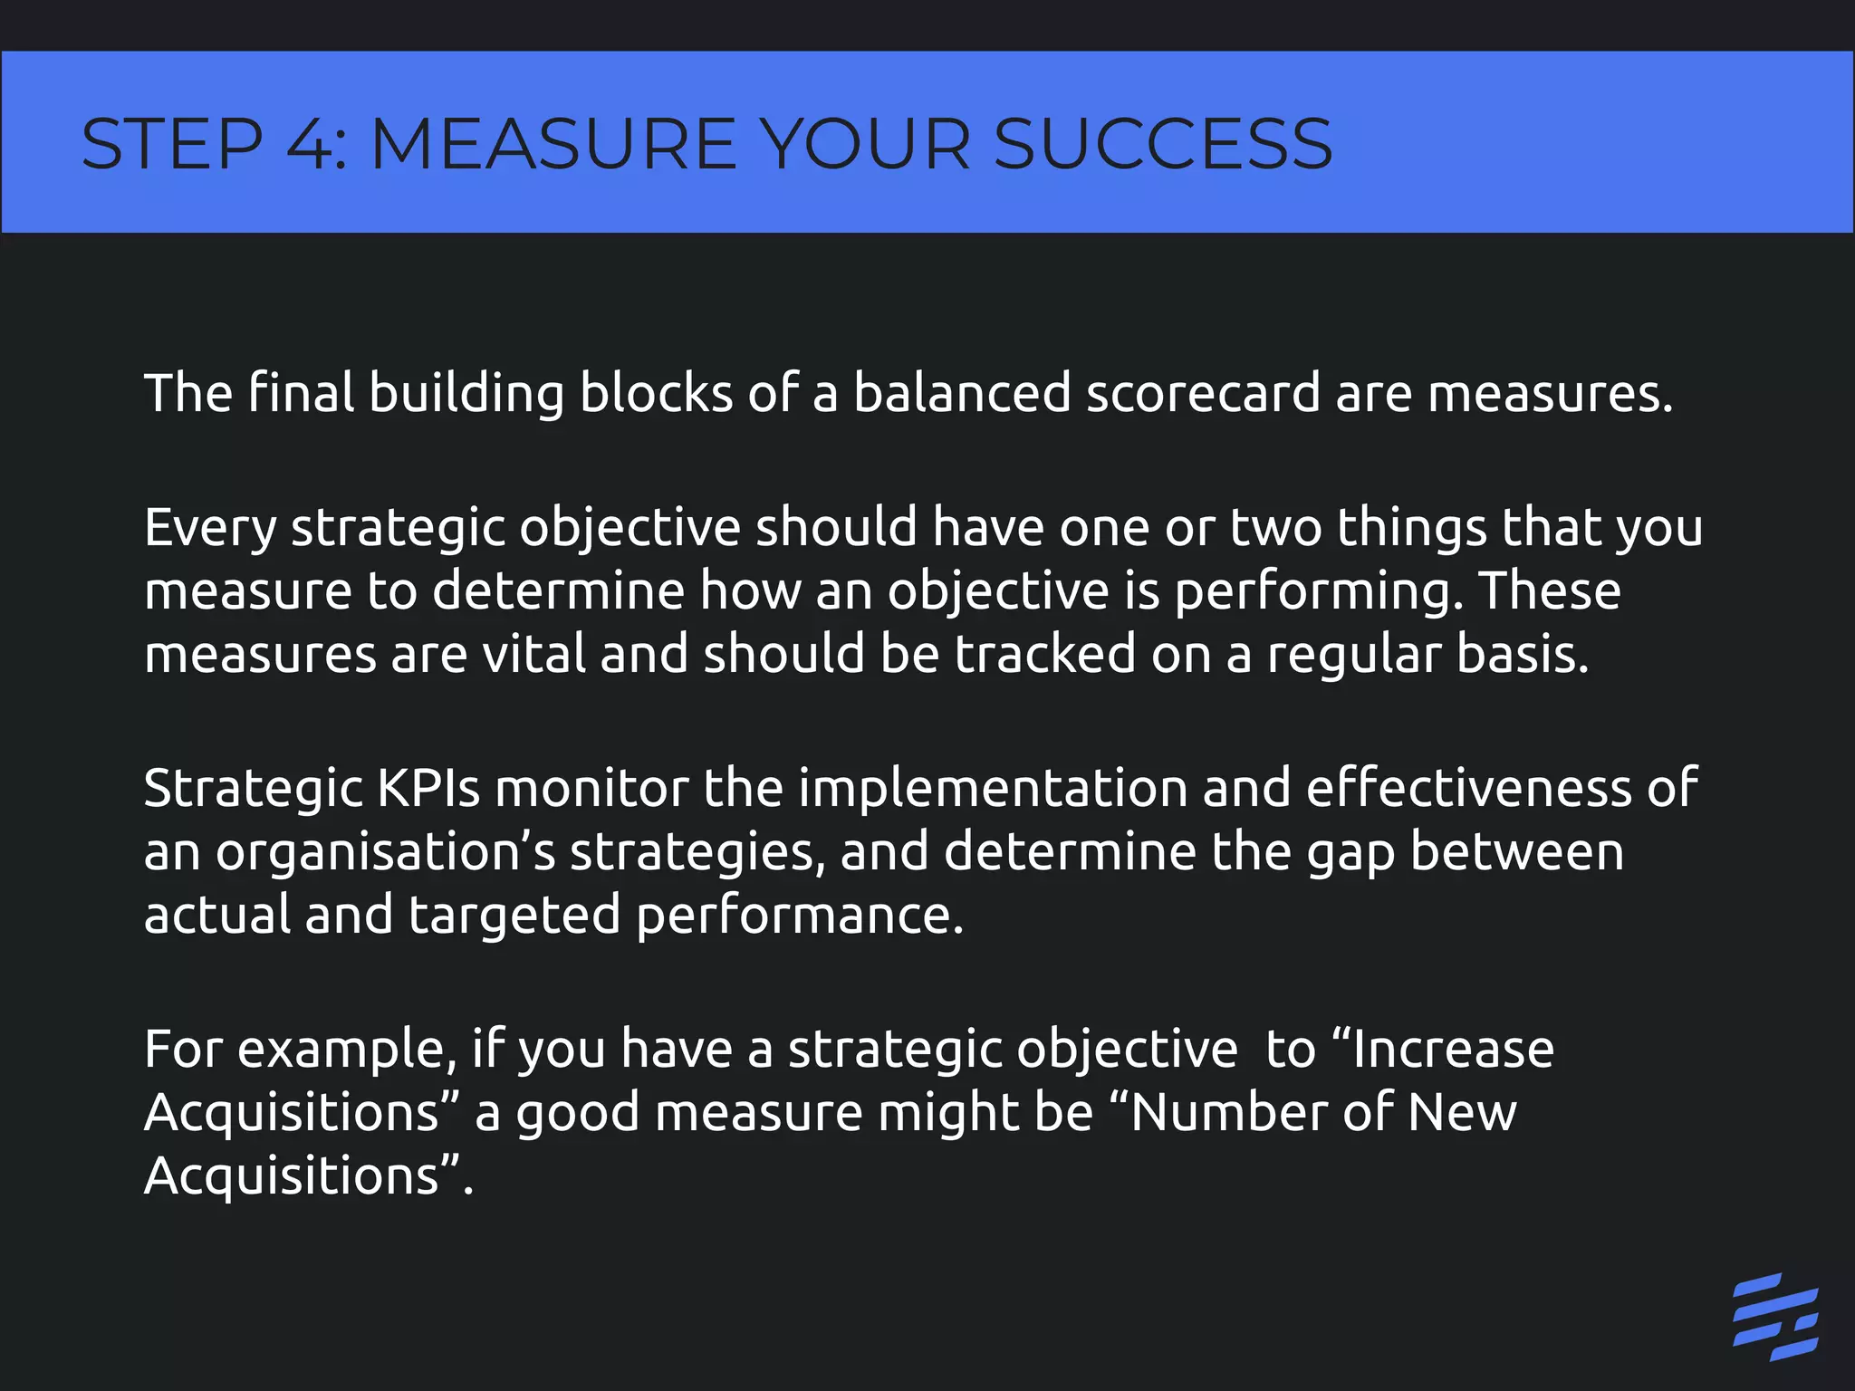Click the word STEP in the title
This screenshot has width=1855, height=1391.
(172, 144)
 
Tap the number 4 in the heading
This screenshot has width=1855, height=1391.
(310, 144)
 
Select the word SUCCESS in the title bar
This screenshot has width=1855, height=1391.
(1163, 144)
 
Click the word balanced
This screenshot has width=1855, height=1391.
(962, 393)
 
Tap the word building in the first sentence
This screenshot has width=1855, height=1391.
(466, 395)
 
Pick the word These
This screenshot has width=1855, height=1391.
(1550, 591)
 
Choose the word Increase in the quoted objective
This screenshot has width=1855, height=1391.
(1454, 1050)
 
